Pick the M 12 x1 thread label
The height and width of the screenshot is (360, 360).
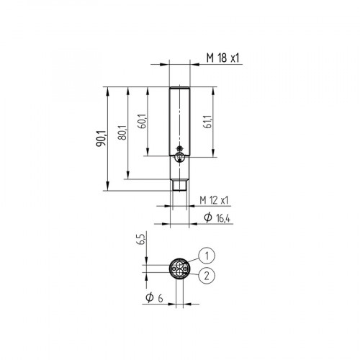pyautogui.click(x=214, y=199)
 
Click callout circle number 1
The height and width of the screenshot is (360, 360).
pyautogui.click(x=207, y=254)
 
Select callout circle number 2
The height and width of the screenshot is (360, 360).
pyautogui.click(x=207, y=274)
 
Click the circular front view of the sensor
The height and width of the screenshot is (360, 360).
pyautogui.click(x=179, y=269)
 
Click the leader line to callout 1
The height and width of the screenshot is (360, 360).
pyautogui.click(x=192, y=259)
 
